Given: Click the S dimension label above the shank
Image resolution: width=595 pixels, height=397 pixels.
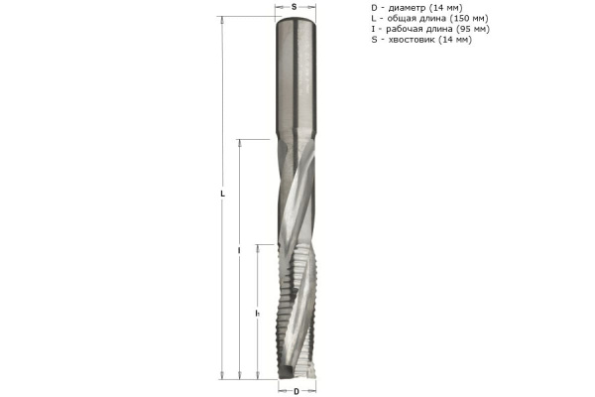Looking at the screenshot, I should pos(296,6).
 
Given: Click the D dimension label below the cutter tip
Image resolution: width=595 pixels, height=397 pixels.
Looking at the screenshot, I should pos(296,390).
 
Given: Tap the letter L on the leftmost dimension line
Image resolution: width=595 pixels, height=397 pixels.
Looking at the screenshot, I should pos(223,195).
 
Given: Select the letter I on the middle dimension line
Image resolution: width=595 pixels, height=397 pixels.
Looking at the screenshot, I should pos(240,252).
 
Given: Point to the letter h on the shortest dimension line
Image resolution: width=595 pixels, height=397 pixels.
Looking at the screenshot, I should pos(257,313).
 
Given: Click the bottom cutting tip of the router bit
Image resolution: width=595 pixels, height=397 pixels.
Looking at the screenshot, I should pos(296,372).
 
